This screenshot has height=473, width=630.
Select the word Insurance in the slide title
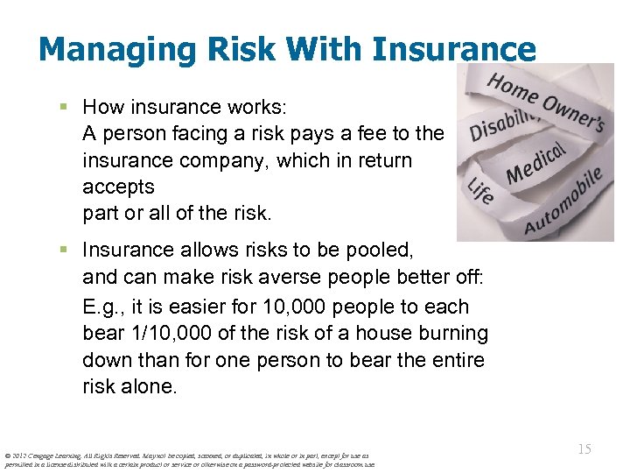pyautogui.click(x=453, y=49)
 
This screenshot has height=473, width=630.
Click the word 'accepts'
pyautogui.click(x=118, y=187)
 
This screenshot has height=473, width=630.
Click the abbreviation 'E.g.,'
pyautogui.click(x=106, y=307)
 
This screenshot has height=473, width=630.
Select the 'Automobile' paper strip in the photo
pyautogui.click(x=564, y=204)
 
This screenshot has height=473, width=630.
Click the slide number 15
pyautogui.click(x=584, y=448)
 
